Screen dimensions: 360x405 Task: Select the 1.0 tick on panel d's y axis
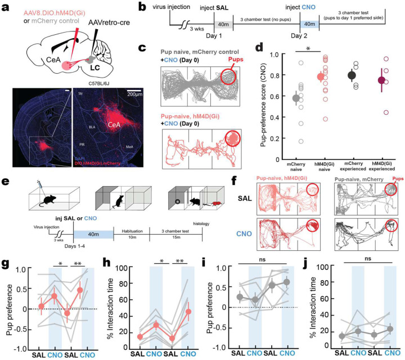click(260, 55)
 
